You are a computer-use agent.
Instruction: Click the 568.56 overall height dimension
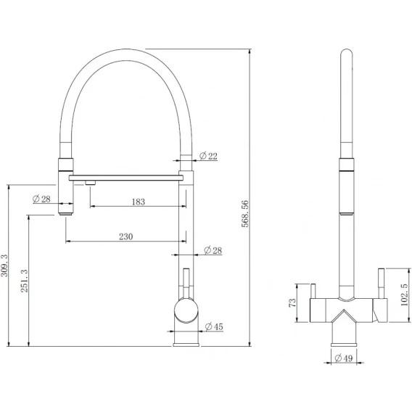click(244, 214)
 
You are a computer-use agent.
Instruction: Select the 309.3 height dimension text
click(4, 265)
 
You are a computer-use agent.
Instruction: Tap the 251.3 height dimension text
click(24, 281)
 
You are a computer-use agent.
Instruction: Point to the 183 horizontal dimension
click(139, 202)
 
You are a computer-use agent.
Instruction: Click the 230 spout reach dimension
click(126, 236)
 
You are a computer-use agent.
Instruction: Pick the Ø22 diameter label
click(208, 156)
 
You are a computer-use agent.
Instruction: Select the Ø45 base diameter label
click(214, 326)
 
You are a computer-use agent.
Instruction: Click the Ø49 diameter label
click(343, 358)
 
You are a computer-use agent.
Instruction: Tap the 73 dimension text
click(292, 303)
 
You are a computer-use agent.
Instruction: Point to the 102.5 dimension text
click(405, 294)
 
